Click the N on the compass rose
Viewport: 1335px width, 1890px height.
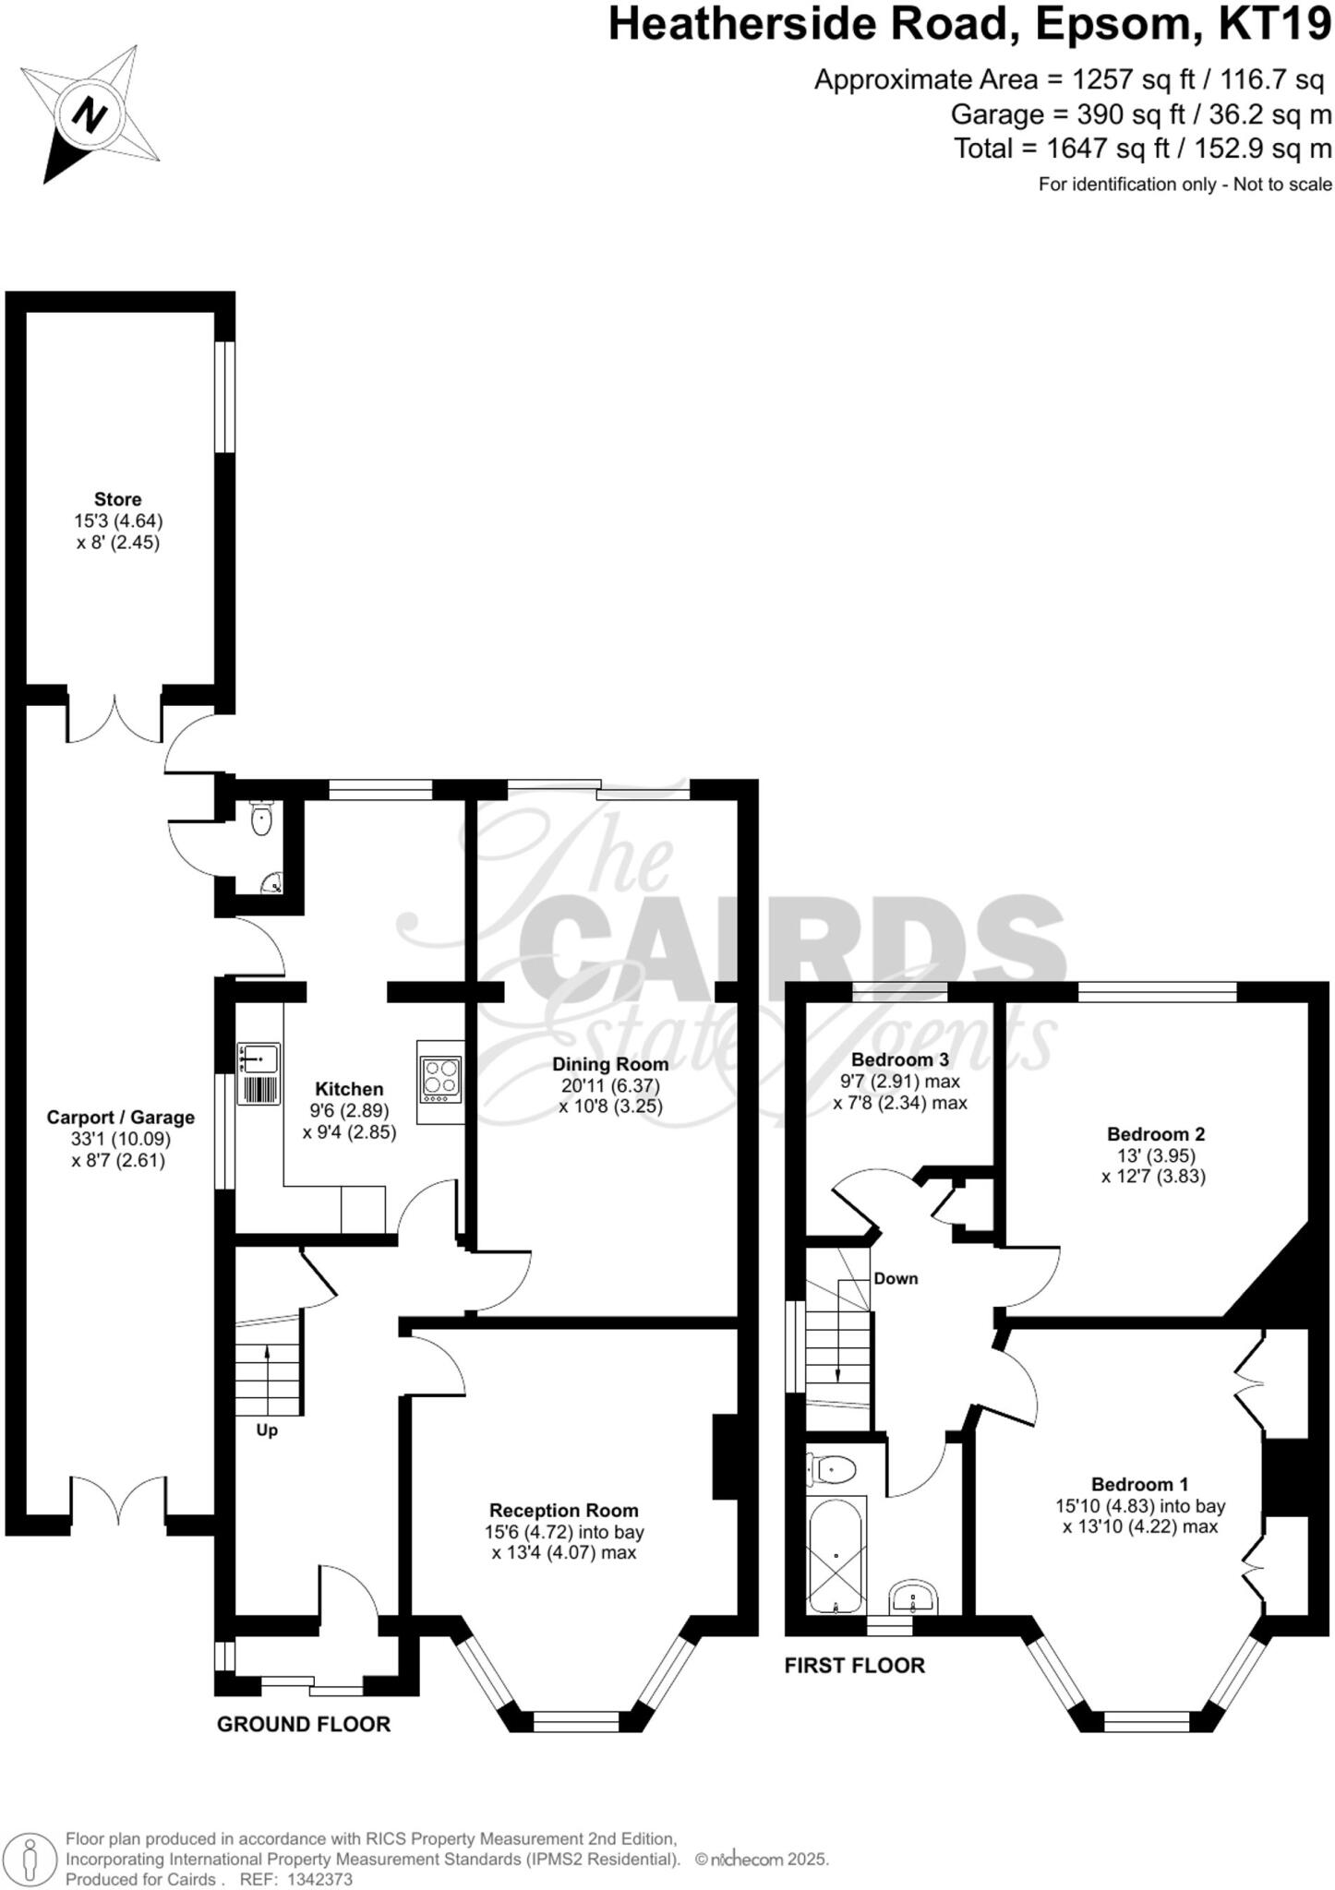tap(90, 116)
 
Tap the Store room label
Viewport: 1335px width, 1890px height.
tap(118, 500)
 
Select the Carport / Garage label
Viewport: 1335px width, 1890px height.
tap(120, 1118)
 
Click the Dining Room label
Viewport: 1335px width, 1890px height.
tap(610, 1064)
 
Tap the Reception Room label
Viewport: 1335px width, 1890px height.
tap(563, 1511)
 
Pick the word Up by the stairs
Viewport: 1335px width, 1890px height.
tap(267, 1431)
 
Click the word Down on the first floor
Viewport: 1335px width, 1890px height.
tap(896, 1278)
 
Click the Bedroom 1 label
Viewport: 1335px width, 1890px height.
tap(1139, 1485)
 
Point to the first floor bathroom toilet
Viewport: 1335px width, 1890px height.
tap(832, 1468)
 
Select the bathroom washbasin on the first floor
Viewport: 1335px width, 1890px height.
tap(913, 1597)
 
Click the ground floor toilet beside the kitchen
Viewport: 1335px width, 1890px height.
tap(262, 819)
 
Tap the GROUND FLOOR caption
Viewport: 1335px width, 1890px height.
tap(304, 1724)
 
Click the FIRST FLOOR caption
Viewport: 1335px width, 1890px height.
tap(854, 1666)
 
